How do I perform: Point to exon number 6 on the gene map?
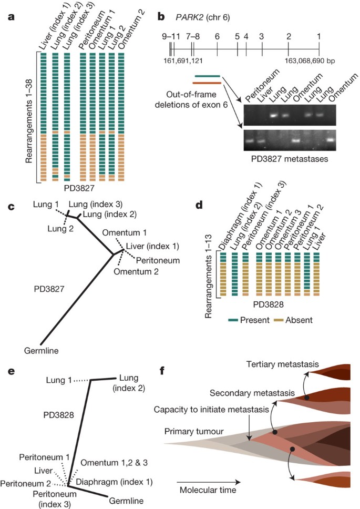click(217, 37)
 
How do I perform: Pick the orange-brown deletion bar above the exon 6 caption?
click(207, 83)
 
